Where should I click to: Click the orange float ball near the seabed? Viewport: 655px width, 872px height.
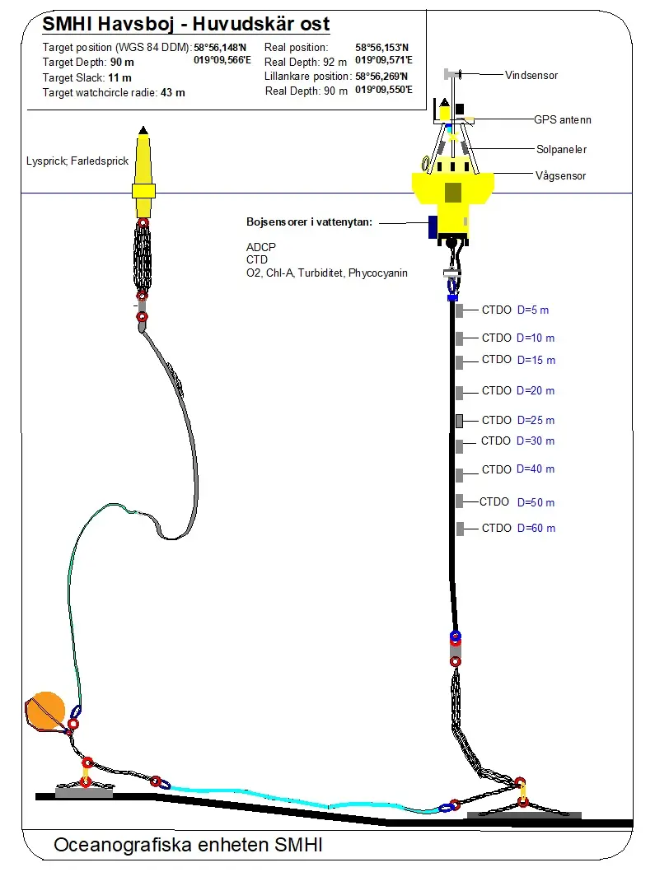tap(48, 709)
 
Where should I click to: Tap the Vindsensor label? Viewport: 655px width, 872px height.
tap(531, 75)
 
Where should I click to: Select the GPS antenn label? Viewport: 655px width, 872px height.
tap(563, 119)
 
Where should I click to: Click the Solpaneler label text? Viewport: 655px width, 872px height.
tap(561, 150)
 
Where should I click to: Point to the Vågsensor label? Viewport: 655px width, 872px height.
tap(560, 175)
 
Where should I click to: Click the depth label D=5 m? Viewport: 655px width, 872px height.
tap(532, 310)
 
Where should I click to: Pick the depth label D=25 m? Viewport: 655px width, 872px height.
tap(536, 421)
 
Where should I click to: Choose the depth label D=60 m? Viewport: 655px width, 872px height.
tap(536, 528)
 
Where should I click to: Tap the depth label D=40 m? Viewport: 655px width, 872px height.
tap(536, 469)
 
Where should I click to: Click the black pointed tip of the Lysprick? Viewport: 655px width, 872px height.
tap(143, 130)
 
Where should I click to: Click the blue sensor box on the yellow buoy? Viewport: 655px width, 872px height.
tap(432, 227)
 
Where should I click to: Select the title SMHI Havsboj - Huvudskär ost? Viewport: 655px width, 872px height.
tap(186, 24)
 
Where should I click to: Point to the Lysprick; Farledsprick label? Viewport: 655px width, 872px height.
tap(77, 161)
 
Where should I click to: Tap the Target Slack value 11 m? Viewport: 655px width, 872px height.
tap(120, 77)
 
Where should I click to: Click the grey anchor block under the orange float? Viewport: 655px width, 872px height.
tap(83, 791)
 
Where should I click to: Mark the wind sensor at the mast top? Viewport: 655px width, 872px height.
tap(451, 75)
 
